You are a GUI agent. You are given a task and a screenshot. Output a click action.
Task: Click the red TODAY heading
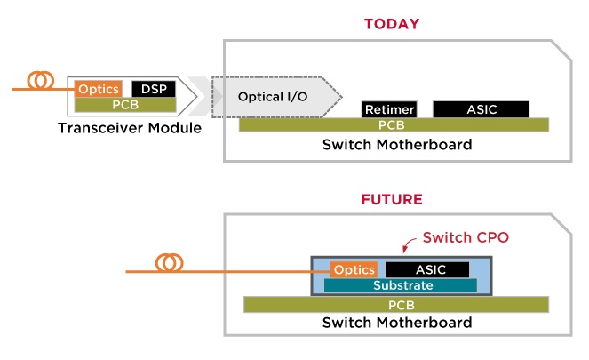[392, 24]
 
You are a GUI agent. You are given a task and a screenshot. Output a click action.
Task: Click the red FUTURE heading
[392, 199]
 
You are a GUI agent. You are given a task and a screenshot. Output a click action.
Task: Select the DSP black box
[154, 89]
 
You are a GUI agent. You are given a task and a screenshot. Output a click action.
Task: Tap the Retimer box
[389, 109]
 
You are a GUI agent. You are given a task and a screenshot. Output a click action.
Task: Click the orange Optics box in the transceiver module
[99, 89]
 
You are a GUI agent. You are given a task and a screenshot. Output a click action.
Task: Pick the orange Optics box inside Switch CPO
[354, 269]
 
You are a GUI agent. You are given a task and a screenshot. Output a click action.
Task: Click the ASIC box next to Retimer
[482, 109]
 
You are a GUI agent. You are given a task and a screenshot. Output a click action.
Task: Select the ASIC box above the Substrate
[428, 269]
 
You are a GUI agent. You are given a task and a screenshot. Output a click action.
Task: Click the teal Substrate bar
[401, 285]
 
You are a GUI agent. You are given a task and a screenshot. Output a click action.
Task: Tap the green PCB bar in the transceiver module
[125, 105]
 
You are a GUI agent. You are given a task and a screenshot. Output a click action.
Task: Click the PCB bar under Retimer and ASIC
[394, 124]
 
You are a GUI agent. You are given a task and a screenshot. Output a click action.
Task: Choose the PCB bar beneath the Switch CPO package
[396, 305]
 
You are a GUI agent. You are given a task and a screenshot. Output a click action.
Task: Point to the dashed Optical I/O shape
[276, 97]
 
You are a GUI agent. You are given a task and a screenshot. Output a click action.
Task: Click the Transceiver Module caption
[130, 128]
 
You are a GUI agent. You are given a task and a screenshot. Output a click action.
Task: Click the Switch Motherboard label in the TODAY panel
[397, 145]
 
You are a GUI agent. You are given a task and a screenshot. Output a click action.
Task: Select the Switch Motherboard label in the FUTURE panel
[397, 323]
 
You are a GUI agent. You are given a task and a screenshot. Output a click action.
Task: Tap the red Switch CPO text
[466, 237]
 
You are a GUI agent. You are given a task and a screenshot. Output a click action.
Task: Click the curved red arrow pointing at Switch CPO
[408, 244]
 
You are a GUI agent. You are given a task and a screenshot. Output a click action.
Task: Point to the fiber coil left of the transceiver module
[41, 80]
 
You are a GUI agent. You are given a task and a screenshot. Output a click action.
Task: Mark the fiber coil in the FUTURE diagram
[170, 263]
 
